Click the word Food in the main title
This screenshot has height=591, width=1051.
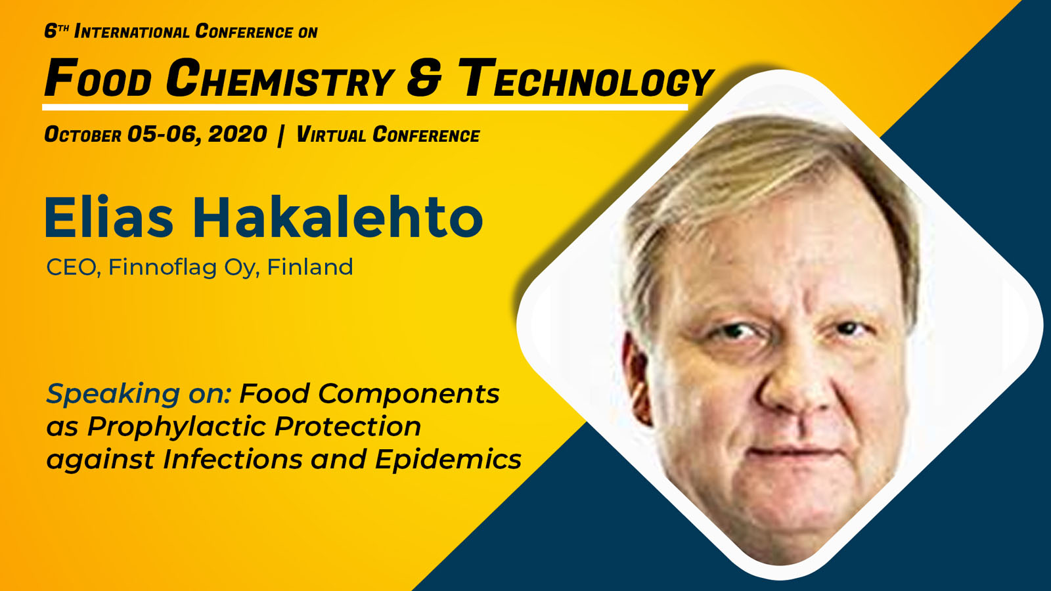coord(98,78)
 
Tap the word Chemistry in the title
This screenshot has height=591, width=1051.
coord(280,78)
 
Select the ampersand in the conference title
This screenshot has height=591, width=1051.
coord(424,78)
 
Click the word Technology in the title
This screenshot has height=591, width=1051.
coord(585,78)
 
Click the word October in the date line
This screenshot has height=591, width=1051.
coord(83,135)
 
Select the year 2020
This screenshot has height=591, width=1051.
coord(237,135)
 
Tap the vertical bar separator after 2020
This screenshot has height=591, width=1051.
coord(280,135)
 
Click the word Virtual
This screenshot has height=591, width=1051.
coord(331,135)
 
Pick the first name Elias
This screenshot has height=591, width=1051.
coord(109,217)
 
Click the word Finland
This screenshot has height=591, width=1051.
coord(309,267)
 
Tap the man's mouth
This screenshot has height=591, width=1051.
coord(793,452)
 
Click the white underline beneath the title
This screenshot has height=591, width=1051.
coord(365,108)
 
